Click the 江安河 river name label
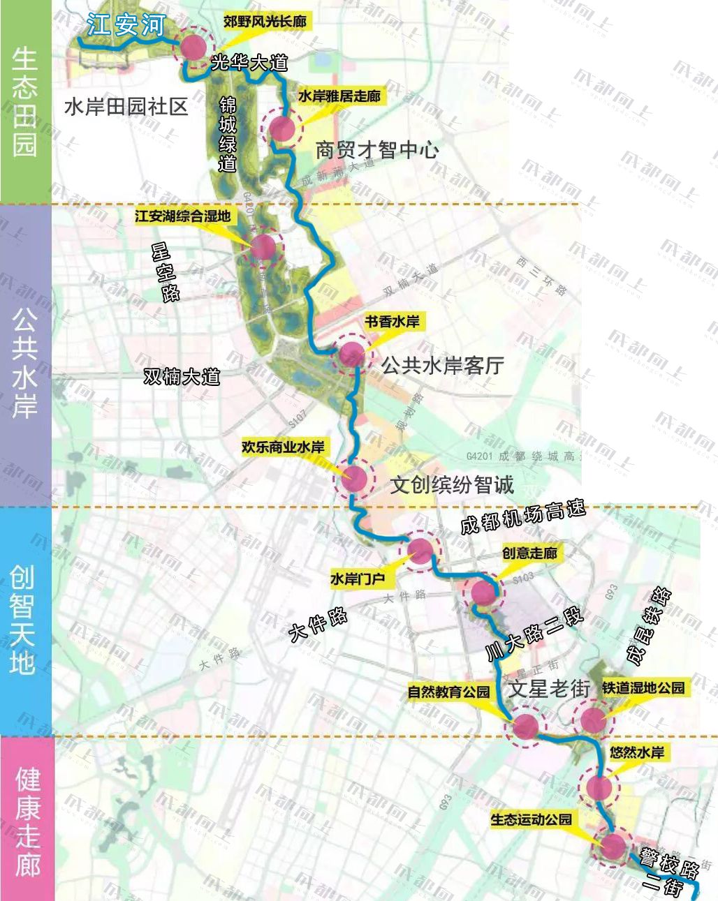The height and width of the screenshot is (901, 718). [126, 26]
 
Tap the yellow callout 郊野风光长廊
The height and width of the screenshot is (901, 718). [265, 22]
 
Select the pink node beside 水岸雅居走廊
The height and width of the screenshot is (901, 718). [281, 128]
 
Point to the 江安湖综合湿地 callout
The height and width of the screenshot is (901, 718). [182, 216]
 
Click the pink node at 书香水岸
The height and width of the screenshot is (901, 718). [351, 355]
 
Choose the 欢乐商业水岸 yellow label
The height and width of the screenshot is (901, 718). [283, 447]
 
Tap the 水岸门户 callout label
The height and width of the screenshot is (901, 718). [357, 579]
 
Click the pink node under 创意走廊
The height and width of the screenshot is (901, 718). [483, 593]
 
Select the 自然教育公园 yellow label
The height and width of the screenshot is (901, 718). [449, 692]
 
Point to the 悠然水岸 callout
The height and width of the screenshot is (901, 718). [636, 752]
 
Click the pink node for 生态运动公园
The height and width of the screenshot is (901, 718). [613, 847]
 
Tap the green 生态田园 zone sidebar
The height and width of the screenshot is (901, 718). [25, 102]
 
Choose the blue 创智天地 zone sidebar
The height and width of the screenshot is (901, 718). [25, 620]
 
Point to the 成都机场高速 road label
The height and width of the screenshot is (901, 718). [522, 517]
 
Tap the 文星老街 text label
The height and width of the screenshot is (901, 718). [550, 689]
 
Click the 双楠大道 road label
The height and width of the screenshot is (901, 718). [182, 377]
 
